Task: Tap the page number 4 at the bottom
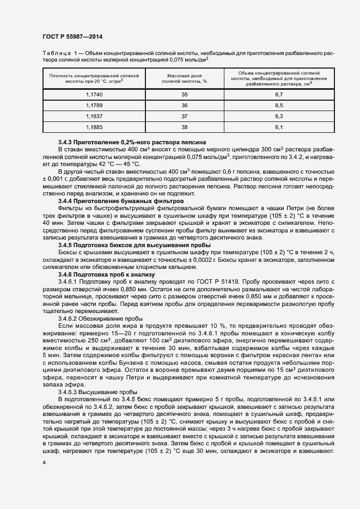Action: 44,462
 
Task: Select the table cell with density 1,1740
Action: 94,95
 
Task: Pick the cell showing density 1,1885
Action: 94,127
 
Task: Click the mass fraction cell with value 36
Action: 184,106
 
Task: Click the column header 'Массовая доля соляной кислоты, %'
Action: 184,78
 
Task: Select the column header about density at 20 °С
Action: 94,78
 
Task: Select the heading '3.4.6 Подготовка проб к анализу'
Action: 107,275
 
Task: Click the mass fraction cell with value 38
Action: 184,127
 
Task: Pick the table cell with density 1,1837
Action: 94,116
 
